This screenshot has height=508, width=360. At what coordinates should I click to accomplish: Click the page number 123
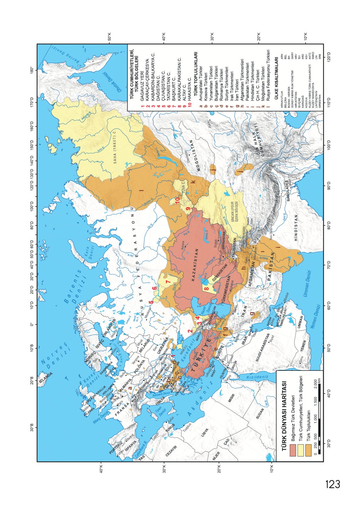coord(332,484)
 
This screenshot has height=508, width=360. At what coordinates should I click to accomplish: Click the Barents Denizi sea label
coord(73,283)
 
